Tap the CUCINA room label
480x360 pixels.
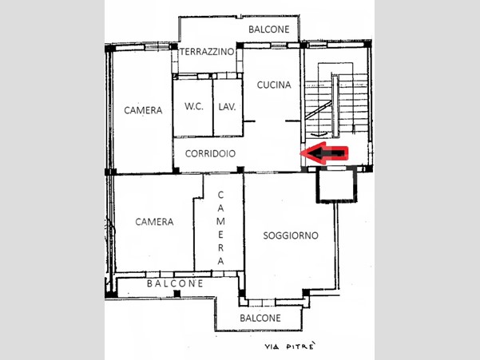click(x=274, y=85)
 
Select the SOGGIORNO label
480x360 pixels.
click(x=291, y=235)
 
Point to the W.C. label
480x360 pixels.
click(x=194, y=106)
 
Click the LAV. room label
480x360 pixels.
click(x=227, y=107)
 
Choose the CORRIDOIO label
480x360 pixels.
click(x=210, y=153)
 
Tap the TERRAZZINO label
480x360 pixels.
click(x=207, y=52)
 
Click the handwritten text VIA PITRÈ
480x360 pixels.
click(x=290, y=346)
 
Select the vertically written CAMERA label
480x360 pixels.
click(x=220, y=227)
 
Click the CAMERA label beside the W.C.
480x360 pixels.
click(x=143, y=110)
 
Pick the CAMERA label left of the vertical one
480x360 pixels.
click(x=154, y=221)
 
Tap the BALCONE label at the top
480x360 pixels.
click(x=269, y=30)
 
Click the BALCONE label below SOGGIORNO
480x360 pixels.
click(x=260, y=318)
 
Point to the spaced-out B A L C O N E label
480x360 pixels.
click(x=175, y=283)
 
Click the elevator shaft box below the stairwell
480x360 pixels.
click(x=337, y=185)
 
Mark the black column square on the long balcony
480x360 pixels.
click(x=177, y=294)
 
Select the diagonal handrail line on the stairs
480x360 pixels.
click(x=318, y=110)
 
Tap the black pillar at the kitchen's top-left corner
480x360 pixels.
click(x=240, y=45)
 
